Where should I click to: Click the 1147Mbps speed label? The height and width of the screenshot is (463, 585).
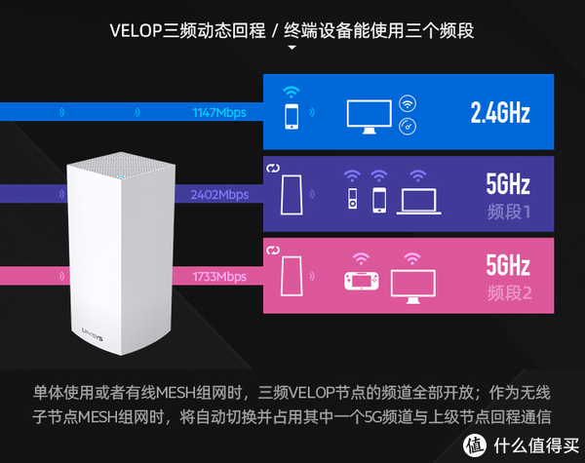coord(219,113)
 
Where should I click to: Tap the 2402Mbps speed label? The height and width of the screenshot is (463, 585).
coord(219,194)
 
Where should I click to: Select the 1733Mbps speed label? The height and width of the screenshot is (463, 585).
coord(219,277)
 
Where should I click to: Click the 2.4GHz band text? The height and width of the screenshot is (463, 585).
coord(500,112)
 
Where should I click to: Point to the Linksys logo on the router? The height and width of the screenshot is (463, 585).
coord(93,334)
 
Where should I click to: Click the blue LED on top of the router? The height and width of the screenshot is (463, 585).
coord(120,176)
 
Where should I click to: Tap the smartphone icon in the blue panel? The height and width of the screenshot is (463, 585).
coord(292,116)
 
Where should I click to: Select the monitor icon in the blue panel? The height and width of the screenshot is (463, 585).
coord(370,116)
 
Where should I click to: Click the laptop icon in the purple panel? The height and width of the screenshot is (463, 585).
coord(418,202)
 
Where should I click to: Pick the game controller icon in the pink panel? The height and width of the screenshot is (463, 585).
coord(361,281)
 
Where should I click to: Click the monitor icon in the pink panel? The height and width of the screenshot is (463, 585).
coord(413,287)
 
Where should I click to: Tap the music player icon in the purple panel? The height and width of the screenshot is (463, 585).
coord(353,198)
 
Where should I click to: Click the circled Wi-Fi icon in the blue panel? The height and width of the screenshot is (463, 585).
coord(408,103)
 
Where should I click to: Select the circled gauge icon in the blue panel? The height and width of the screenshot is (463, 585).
coord(408,127)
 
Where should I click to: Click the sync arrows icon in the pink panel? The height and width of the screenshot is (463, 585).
coord(273,251)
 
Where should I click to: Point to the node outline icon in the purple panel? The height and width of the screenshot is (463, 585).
coord(292,195)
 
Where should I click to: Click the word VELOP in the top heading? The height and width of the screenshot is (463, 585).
coord(136,30)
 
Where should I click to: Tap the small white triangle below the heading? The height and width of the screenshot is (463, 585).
coord(292,48)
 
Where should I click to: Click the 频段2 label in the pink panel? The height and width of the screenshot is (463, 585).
coord(509,292)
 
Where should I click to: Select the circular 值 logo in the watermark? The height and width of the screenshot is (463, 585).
coord(475,445)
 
